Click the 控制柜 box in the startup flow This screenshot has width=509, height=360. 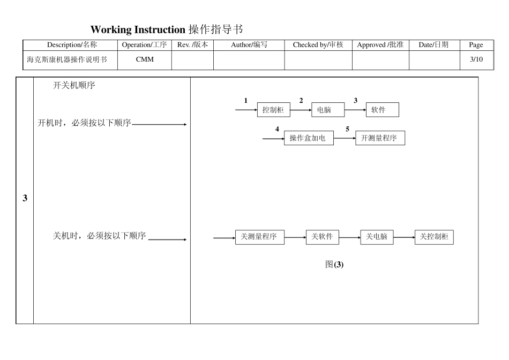coord(273,110)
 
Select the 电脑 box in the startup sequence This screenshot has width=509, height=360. coord(328,110)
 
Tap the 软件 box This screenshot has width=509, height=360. coord(382,110)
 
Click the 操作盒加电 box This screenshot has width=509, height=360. coord(308,138)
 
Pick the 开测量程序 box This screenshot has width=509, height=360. coord(380,138)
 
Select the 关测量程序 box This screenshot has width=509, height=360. coord(259,237)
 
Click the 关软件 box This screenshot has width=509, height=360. coord(323,237)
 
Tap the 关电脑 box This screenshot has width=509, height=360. coord(377,237)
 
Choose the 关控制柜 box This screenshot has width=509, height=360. coord(434,237)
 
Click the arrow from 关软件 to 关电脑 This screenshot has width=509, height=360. coord(349,237)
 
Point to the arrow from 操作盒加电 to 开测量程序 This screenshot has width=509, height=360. coord(344,138)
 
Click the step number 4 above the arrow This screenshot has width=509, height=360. coord(277,129)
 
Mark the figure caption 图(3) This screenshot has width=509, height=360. coord(334,264)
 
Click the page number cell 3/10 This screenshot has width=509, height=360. coord(476,60)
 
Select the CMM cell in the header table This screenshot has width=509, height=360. coord(145,60)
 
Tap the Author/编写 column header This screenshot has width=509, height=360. coord(249,45)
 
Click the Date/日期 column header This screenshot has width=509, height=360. coord(433,45)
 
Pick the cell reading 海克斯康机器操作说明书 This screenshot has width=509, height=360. coord(67,60)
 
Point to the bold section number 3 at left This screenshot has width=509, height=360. coord(25,199)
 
